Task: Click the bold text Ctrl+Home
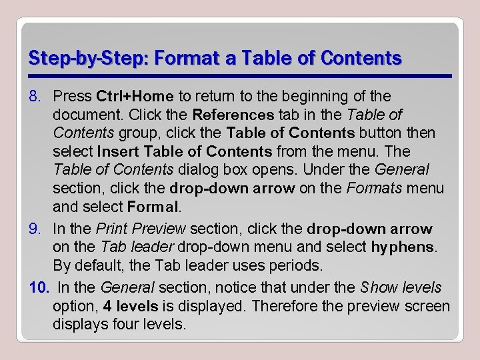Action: point(135,97)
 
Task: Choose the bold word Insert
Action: point(117,151)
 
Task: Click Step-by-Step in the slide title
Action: point(73,58)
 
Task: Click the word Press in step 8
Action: point(73,97)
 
